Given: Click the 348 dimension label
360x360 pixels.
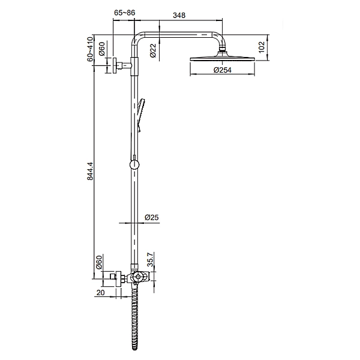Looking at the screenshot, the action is tap(179, 15).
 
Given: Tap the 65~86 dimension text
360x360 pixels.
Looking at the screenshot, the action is tap(125, 13).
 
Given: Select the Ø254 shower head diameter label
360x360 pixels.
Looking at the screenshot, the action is tap(223, 70).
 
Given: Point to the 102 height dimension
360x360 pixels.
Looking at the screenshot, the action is tap(262, 47).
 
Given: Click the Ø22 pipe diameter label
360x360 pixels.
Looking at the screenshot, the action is tap(153, 50).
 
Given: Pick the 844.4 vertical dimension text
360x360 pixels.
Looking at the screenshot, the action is tap(90, 171).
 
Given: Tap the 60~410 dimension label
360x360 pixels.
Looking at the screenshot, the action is tap(90, 49).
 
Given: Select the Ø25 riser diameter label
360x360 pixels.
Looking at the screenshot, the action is tap(152, 217).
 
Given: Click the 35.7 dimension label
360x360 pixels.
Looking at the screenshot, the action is tap(150, 259).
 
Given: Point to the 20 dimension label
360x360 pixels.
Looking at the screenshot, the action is tap(100, 293).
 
